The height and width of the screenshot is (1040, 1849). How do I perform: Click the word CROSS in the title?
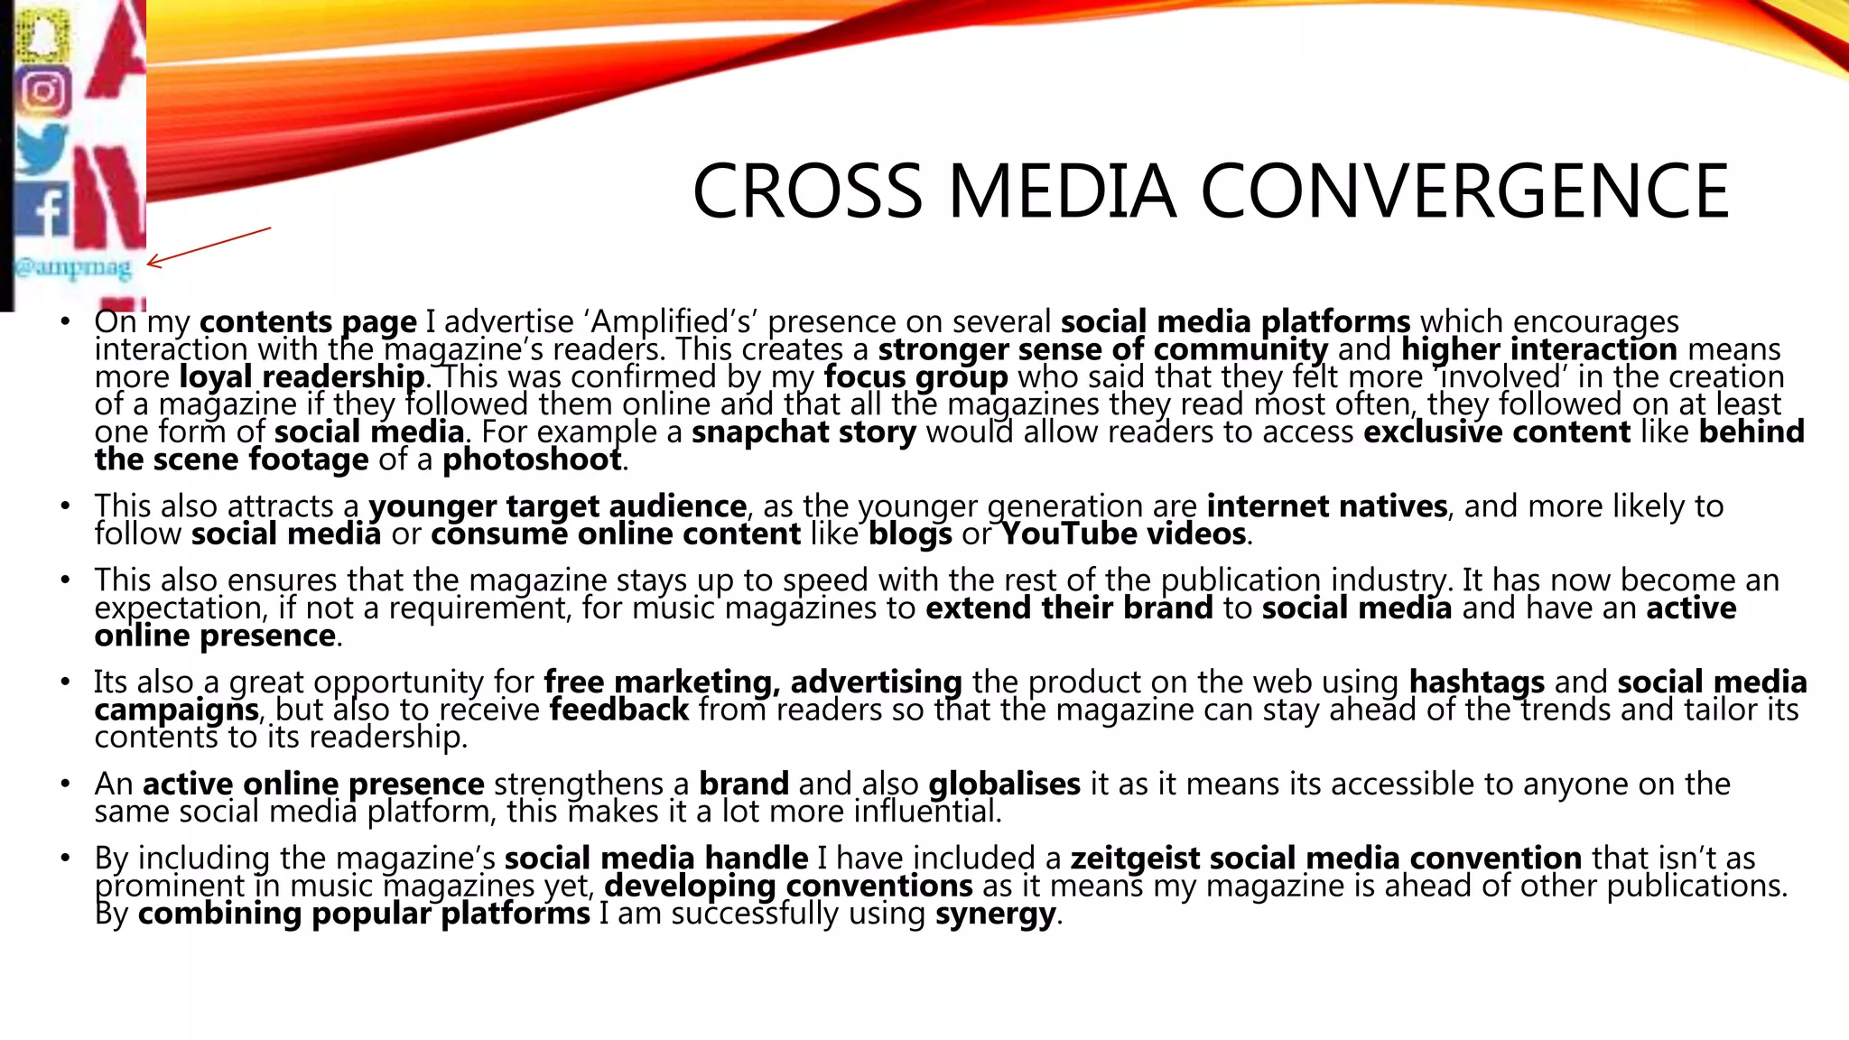click(x=807, y=191)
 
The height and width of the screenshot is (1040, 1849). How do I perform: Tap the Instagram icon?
click(x=43, y=91)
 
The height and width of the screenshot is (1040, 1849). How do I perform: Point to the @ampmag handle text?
click(x=72, y=268)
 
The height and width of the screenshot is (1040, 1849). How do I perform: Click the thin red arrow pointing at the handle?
click(x=209, y=247)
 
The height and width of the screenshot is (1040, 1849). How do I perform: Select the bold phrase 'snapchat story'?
click(x=804, y=432)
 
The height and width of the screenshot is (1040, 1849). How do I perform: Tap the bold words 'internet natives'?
click(x=1326, y=506)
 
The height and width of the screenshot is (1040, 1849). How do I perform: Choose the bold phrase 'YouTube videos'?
click(x=1123, y=534)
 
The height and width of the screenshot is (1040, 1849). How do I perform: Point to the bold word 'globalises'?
click(x=1004, y=785)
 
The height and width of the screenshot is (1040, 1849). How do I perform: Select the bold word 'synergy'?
click(x=995, y=915)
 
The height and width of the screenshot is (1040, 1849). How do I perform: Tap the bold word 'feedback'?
click(x=618, y=710)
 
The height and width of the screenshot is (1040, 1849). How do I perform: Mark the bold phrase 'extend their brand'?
click(x=1069, y=608)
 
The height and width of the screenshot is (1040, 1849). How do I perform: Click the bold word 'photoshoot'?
click(x=532, y=460)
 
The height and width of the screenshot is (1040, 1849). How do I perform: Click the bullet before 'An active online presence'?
click(x=65, y=785)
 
